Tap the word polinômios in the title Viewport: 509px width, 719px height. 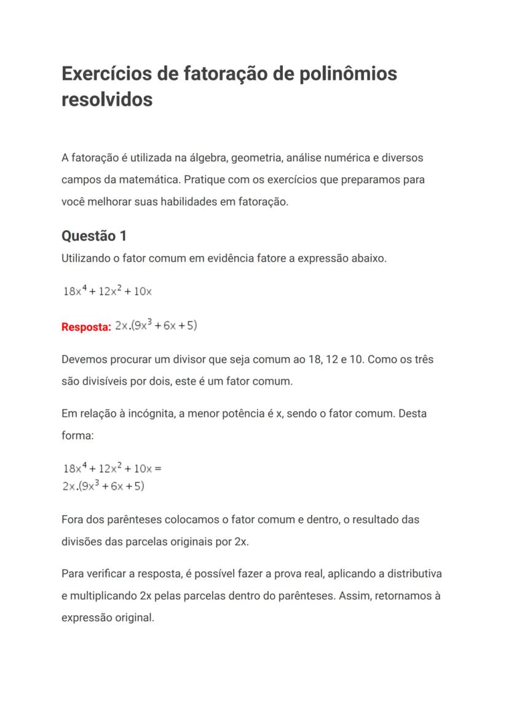click(x=347, y=74)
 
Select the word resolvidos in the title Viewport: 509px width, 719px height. click(x=107, y=99)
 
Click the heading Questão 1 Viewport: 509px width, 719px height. click(x=94, y=236)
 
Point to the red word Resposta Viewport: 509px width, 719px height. click(x=86, y=327)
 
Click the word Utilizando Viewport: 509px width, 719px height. click(x=86, y=258)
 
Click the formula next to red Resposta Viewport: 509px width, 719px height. click(x=156, y=325)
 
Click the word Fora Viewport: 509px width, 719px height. click(x=72, y=520)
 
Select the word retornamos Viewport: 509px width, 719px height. click(x=396, y=596)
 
